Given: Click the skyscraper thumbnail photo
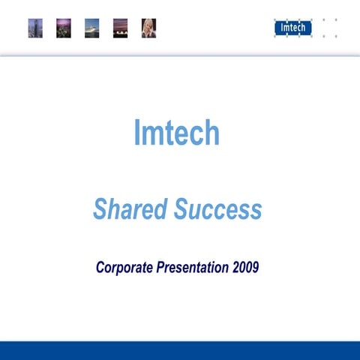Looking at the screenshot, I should tap(35, 28).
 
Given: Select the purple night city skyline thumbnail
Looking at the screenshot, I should tap(64, 28).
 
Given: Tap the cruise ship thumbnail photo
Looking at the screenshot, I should tap(92, 28).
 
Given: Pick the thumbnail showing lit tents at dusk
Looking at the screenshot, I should tap(120, 28).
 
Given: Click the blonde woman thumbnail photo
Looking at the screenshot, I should tap(148, 28).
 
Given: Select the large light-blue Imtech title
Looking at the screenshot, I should tap(177, 133).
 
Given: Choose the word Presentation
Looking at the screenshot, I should tap(193, 268).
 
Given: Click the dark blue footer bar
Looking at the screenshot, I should tap(180, 350).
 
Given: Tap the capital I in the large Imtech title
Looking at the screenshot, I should tap(137, 133).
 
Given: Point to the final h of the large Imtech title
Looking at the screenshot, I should tap(212, 133).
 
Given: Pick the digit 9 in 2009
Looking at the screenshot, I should tap(256, 268).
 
